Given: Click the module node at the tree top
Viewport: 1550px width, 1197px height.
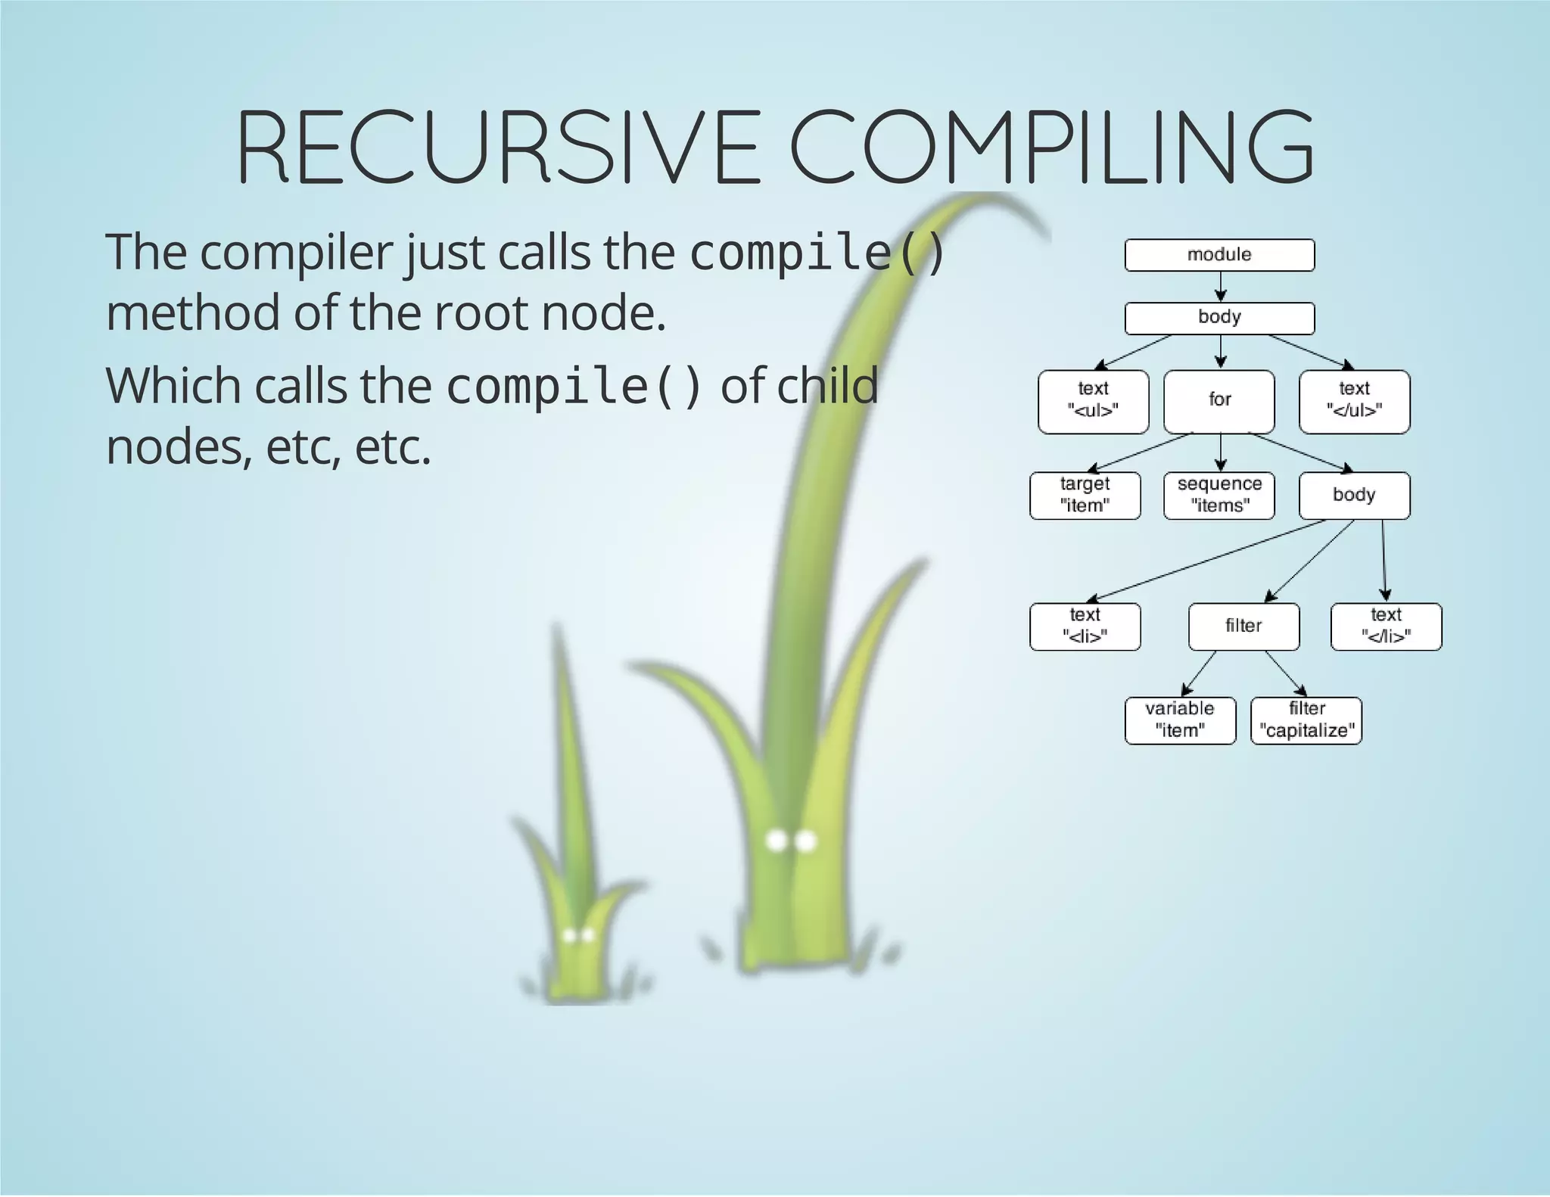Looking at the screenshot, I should [x=1219, y=255].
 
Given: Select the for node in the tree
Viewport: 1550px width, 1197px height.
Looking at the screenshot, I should [x=1219, y=401].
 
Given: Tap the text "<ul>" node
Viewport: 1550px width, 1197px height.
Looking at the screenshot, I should [x=1093, y=401].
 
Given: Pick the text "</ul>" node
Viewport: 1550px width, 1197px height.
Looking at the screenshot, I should [x=1354, y=401].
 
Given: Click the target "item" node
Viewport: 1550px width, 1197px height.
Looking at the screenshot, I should [x=1085, y=496].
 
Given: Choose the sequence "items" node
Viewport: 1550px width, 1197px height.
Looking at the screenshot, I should [x=1219, y=496].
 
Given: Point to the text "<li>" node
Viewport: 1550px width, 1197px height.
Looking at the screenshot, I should [x=1085, y=626].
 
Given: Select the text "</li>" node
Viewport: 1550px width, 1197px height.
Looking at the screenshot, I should [x=1386, y=626].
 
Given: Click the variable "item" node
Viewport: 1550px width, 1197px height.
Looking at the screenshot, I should [x=1180, y=720].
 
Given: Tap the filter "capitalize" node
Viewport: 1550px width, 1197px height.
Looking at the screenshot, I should [x=1306, y=720].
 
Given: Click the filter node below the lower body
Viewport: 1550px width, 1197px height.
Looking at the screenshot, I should [x=1243, y=626].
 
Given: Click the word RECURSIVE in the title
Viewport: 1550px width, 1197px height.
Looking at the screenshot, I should [x=497, y=148].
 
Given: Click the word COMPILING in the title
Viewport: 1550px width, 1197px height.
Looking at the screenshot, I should [x=1052, y=148].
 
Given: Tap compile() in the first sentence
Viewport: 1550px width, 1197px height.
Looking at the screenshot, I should [x=817, y=252].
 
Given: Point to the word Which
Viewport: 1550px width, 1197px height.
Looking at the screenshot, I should [x=173, y=386].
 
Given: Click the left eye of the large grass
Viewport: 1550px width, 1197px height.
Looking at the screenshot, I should [x=777, y=841].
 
